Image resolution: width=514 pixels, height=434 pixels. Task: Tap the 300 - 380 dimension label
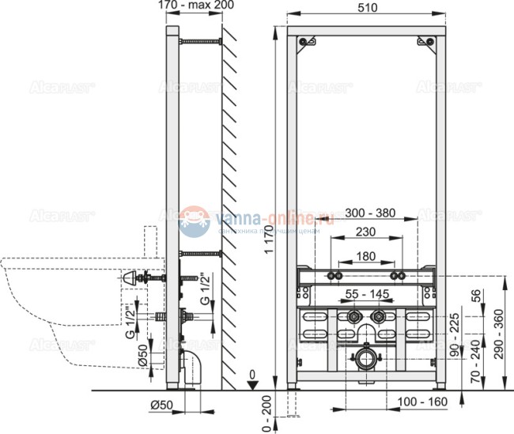click(x=361, y=214)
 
